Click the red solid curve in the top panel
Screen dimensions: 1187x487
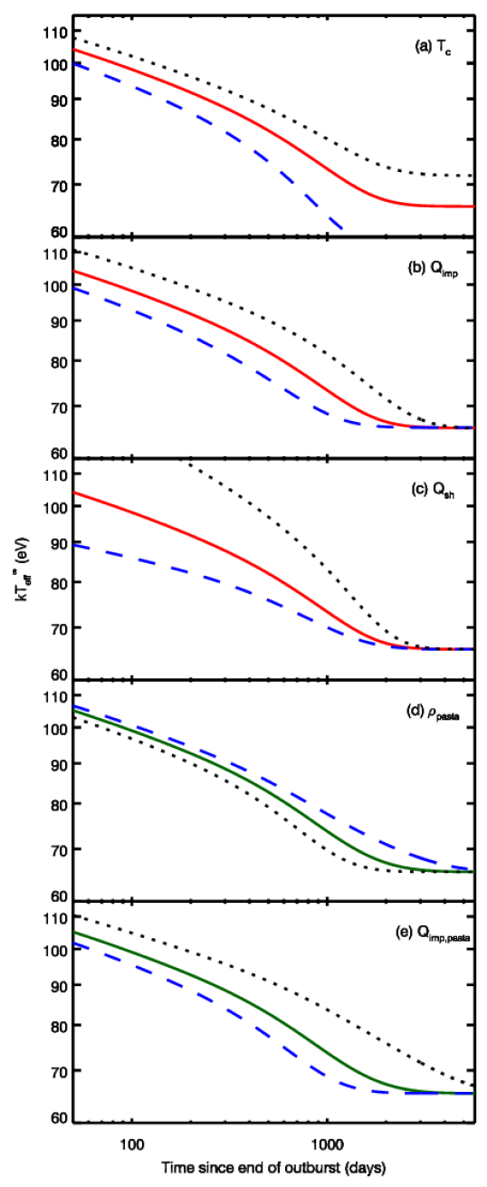tap(272, 131)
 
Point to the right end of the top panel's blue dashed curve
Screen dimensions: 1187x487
tap(343, 229)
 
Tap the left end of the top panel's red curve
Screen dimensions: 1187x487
tap(74, 50)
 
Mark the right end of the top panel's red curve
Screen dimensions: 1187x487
tap(473, 206)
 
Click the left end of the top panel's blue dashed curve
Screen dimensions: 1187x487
tap(74, 64)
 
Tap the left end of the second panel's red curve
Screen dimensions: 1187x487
tap(74, 271)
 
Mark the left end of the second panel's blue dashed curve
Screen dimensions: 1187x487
tap(74, 289)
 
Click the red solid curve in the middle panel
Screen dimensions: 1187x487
tap(272, 575)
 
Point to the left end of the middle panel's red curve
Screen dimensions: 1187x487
tap(74, 493)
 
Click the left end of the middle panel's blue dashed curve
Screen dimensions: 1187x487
tap(74, 545)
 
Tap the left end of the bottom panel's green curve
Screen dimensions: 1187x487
tap(74, 932)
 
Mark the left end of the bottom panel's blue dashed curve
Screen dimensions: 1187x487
tap(74, 943)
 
